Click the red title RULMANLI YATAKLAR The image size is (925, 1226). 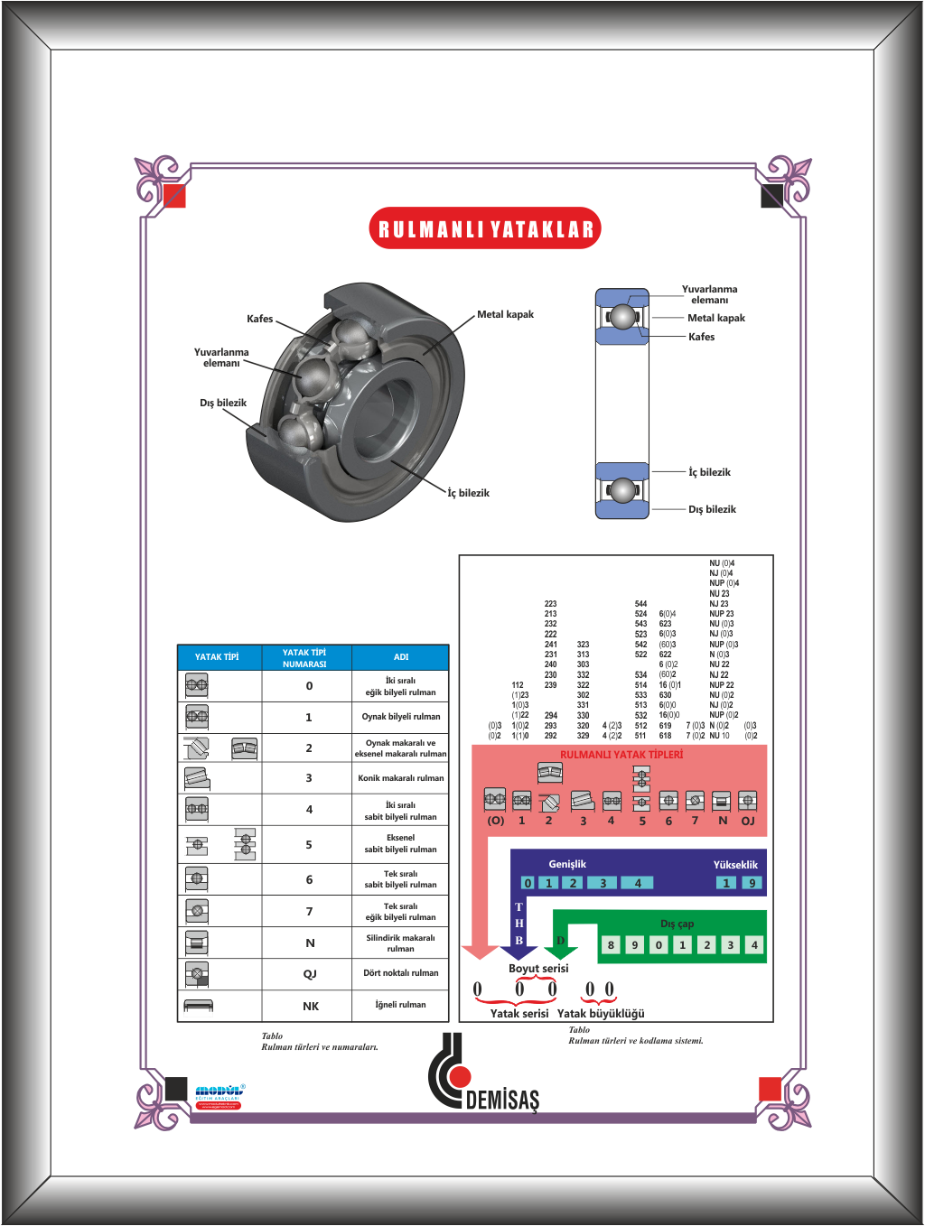485,228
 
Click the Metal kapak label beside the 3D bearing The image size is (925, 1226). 506,314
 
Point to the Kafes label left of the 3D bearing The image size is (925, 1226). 260,319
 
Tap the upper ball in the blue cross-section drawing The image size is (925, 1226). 622,317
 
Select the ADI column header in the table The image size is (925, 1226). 400,657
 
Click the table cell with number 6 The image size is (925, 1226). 309,879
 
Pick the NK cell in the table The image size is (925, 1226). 310,1006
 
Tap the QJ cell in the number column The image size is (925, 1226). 310,974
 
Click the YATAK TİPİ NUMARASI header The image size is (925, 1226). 304,658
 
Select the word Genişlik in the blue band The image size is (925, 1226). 567,864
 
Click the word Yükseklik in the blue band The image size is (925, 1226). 735,864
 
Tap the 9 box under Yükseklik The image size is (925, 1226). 752,883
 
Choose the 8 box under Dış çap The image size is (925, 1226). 611,945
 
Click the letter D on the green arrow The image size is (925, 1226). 560,941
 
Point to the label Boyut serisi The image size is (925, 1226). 538,968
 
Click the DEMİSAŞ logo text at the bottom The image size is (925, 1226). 502,1099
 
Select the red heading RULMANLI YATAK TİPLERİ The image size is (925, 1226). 621,755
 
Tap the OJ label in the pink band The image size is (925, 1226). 748,821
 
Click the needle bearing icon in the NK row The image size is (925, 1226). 198,1005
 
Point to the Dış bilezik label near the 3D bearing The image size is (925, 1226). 223,403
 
